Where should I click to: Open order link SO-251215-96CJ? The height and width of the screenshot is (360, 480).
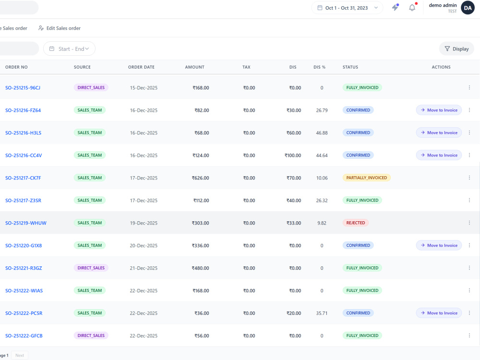(x=23, y=87)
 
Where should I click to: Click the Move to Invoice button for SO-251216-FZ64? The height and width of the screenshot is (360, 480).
(x=439, y=110)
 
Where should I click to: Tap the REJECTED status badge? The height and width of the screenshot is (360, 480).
(x=355, y=223)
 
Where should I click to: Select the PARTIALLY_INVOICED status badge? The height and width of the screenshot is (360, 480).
(x=366, y=178)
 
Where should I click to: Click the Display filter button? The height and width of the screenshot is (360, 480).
(x=456, y=49)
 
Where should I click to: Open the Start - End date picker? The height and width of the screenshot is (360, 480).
(x=69, y=49)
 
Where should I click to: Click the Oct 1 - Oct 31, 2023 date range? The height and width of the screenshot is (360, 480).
(x=347, y=8)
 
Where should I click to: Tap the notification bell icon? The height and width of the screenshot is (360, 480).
(x=412, y=7)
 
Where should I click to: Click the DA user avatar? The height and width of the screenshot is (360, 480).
(x=468, y=8)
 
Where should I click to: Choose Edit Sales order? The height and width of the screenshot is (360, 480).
(x=60, y=28)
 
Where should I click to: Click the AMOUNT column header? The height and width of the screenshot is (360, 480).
(x=195, y=67)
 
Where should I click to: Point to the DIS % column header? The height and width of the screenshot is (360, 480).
(x=319, y=67)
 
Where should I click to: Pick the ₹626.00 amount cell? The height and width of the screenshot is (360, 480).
(x=201, y=178)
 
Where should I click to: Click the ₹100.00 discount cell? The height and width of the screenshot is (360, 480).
(x=293, y=156)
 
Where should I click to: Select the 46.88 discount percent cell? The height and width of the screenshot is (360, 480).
(x=322, y=133)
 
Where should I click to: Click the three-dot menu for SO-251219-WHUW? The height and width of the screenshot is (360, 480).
(x=469, y=223)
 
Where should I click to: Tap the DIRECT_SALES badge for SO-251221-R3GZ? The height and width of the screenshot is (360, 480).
(x=91, y=268)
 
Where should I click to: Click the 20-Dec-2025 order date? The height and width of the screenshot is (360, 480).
(x=144, y=245)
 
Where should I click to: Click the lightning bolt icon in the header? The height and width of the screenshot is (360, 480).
(x=396, y=7)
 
